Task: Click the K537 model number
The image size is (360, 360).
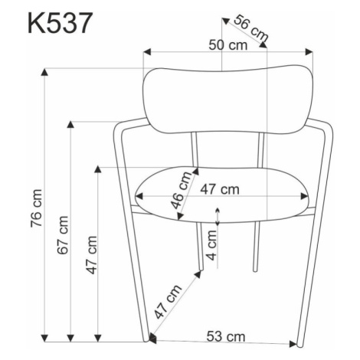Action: click(x=59, y=23)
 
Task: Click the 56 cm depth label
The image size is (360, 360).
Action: click(x=251, y=28)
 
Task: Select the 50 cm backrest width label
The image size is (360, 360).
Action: click(x=228, y=45)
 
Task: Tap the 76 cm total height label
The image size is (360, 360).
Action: click(x=36, y=208)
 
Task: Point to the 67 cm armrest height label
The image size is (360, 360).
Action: click(x=63, y=235)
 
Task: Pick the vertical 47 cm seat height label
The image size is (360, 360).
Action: click(x=91, y=255)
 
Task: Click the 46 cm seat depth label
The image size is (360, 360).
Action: click(x=181, y=190)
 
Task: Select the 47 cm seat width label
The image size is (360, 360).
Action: click(x=220, y=189)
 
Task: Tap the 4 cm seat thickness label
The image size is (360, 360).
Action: click(x=211, y=245)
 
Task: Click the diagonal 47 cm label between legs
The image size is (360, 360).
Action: click(x=168, y=301)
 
